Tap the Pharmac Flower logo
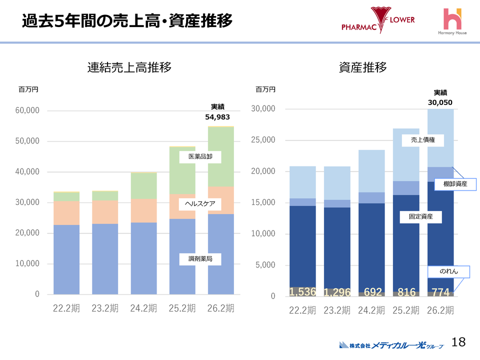pos(378,21)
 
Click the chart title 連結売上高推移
pos(129,67)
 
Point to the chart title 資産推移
pos(363,67)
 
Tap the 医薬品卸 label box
pos(200,157)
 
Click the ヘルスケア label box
pos(200,204)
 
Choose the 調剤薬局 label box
pos(200,259)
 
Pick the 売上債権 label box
pos(423,140)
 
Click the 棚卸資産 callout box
pos(455,184)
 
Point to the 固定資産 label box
pos(421,217)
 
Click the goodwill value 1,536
pos(302,292)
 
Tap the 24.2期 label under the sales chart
pos(143,308)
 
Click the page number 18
pos(458,342)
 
